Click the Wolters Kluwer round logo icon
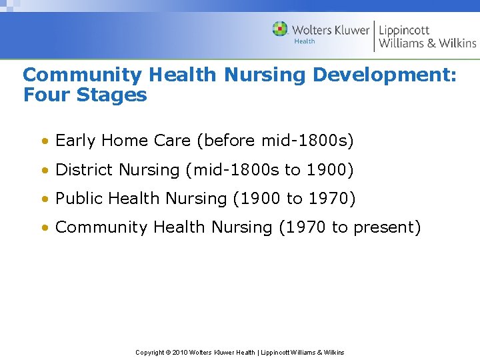click(280, 29)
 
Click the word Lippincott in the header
click(404, 30)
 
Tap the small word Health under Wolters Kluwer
click(305, 41)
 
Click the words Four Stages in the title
click(85, 95)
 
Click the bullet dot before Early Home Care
click(43, 141)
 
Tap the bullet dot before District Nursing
click(43, 170)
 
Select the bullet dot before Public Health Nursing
click(43, 199)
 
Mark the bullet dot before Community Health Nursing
click(43, 228)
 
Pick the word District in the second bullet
click(85, 170)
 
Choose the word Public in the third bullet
click(77, 199)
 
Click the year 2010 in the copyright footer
click(179, 352)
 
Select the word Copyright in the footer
click(150, 352)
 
